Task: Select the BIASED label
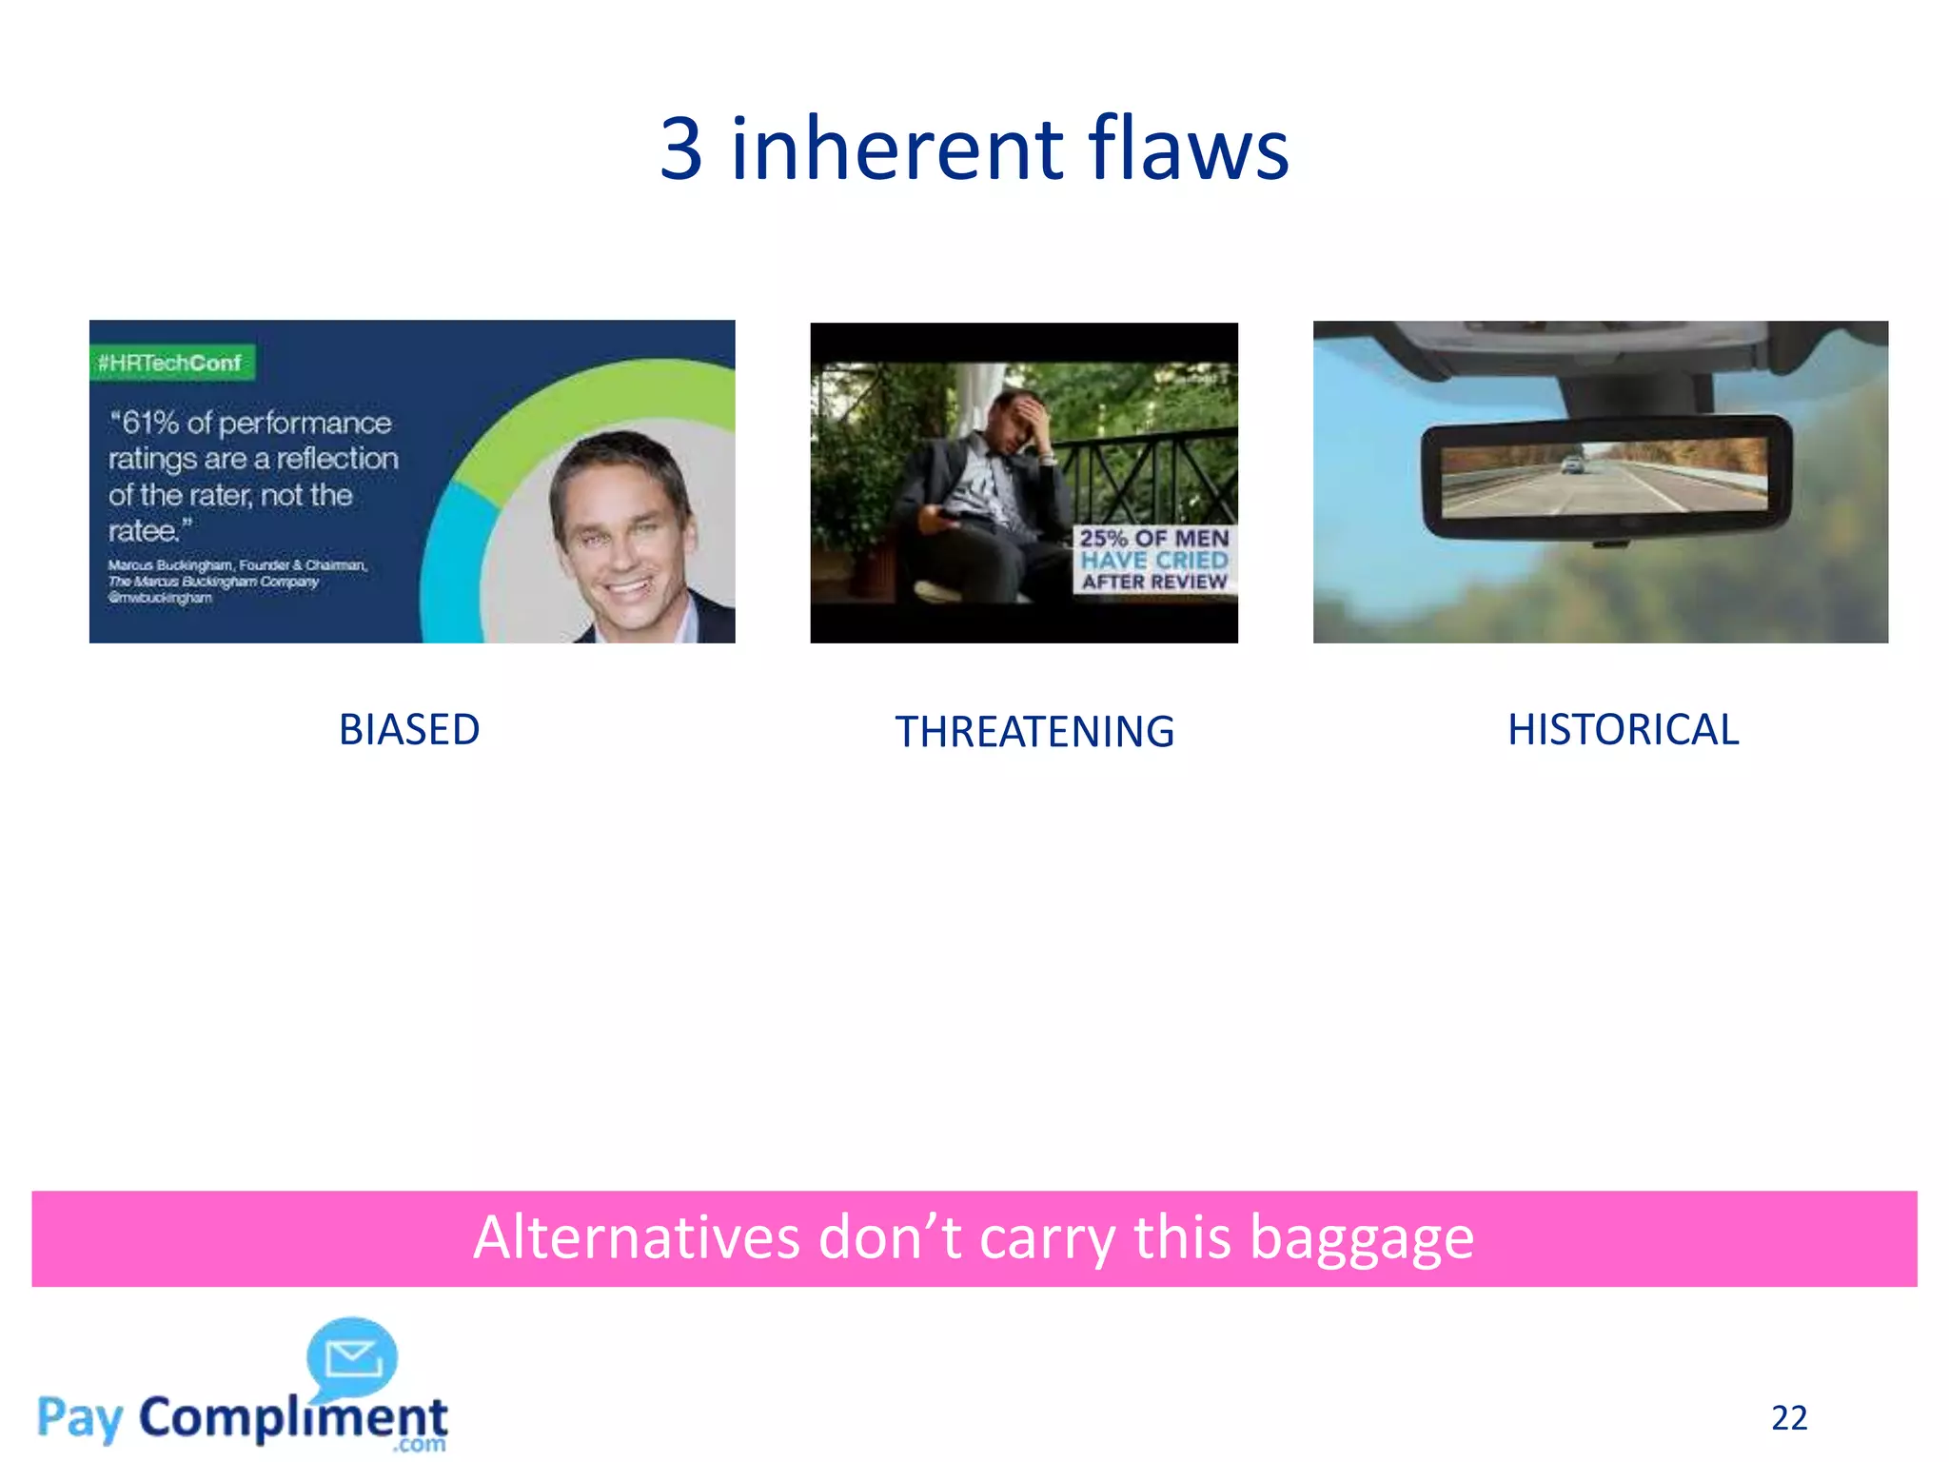point(409,730)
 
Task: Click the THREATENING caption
point(1034,732)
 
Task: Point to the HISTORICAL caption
point(1623,730)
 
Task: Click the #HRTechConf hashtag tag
point(171,363)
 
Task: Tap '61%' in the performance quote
point(150,423)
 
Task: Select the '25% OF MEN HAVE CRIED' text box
point(1153,560)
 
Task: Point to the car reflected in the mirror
point(1573,464)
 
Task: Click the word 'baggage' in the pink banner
point(1361,1238)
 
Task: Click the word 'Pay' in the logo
point(80,1418)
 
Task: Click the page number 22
point(1788,1418)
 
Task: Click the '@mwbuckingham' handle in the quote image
point(160,598)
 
